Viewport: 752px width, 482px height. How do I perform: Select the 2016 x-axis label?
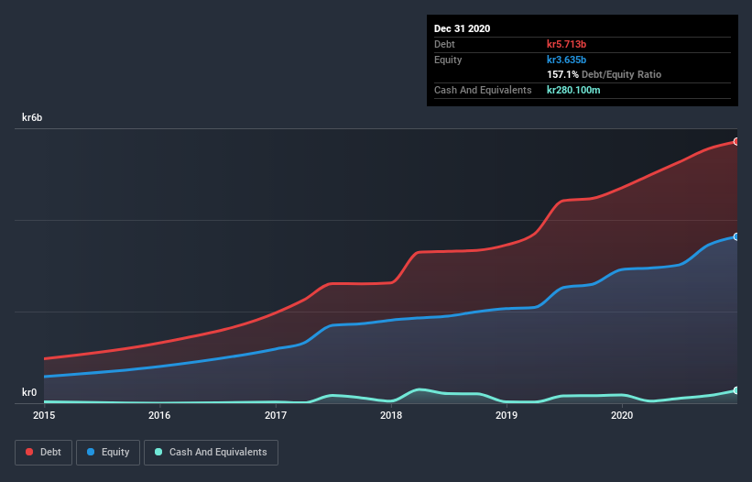pos(159,416)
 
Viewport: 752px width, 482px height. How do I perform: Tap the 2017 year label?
pos(276,416)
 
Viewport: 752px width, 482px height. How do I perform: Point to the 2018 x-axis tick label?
pos(391,416)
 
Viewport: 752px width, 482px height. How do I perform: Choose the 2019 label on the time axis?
pos(507,416)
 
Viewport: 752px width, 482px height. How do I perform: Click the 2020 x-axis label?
pos(622,416)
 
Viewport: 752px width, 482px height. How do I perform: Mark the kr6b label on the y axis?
pos(32,118)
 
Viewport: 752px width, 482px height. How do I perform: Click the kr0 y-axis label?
pos(29,393)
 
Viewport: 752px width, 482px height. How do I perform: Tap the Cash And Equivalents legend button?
pos(211,452)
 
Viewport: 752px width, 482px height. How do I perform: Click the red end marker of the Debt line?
pos(736,142)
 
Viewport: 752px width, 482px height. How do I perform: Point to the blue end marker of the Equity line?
pos(736,236)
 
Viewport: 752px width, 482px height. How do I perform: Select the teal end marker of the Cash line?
pos(736,390)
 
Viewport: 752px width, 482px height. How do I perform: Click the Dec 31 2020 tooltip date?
pos(462,28)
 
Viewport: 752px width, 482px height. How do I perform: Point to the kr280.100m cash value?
pos(573,90)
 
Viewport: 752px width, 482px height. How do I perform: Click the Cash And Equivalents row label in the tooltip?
pos(483,90)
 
